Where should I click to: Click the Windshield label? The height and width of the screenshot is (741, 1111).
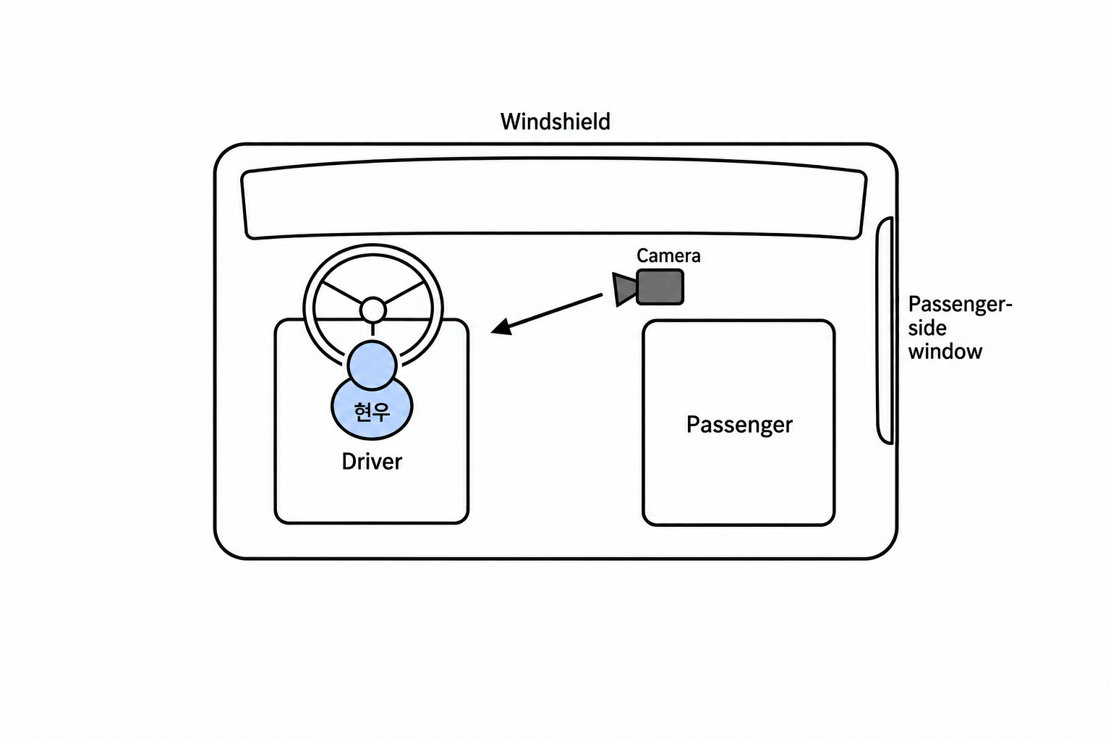(x=555, y=122)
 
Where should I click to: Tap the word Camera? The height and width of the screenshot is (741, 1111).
(x=668, y=255)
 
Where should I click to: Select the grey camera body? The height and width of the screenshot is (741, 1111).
(x=660, y=287)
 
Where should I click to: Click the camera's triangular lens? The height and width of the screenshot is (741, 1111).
(x=624, y=289)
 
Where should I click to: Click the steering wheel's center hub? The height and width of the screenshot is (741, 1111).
(x=373, y=310)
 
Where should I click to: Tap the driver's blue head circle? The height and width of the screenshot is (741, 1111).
(x=373, y=365)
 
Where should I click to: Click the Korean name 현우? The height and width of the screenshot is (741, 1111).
(x=372, y=412)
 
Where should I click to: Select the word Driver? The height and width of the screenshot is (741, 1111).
(x=372, y=462)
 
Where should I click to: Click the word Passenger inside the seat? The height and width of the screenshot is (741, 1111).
(x=739, y=425)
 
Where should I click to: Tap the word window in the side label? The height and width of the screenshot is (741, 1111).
(x=945, y=352)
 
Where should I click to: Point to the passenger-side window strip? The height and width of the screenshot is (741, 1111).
(x=885, y=331)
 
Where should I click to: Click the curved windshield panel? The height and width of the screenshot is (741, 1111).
(x=554, y=198)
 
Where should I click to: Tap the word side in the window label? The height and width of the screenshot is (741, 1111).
(x=927, y=328)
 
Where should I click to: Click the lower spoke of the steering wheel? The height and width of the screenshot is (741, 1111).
(x=373, y=330)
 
